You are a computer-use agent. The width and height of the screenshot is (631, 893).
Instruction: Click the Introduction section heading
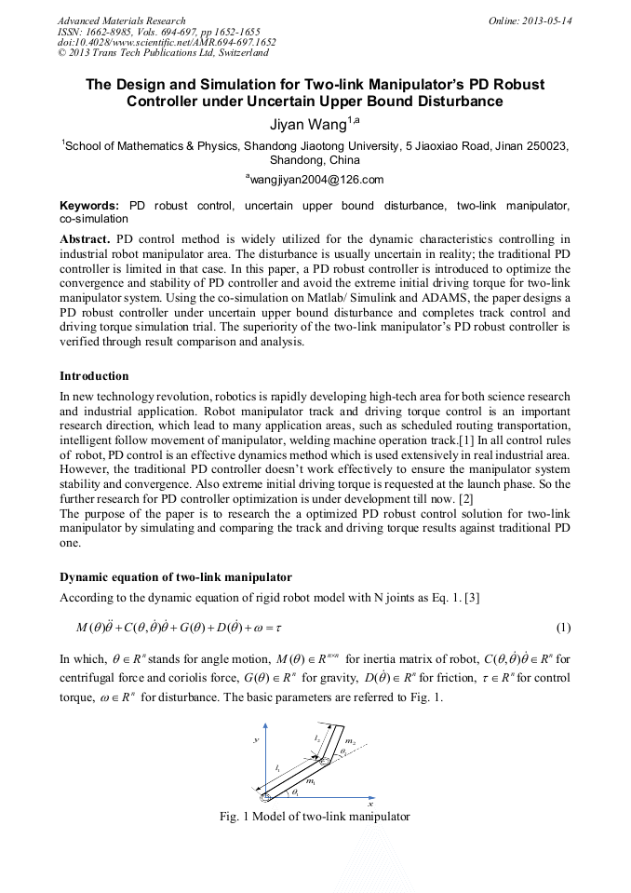(94, 376)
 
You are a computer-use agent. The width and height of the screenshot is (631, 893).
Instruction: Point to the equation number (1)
(562, 625)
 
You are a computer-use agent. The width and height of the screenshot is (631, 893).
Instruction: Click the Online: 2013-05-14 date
(530, 20)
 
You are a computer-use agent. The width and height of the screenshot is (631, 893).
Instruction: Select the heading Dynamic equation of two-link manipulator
(176, 577)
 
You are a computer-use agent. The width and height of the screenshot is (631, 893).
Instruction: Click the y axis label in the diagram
(255, 739)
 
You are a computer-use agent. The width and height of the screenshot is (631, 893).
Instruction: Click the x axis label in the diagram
(369, 803)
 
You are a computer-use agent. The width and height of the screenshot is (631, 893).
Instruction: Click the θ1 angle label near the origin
(294, 792)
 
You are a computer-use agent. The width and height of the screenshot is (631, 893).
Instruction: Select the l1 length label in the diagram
(278, 768)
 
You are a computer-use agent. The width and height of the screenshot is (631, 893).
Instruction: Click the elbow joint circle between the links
(325, 761)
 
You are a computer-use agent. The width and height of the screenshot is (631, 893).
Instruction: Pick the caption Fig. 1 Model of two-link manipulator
(315, 817)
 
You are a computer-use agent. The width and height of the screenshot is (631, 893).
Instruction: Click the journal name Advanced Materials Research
(121, 20)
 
